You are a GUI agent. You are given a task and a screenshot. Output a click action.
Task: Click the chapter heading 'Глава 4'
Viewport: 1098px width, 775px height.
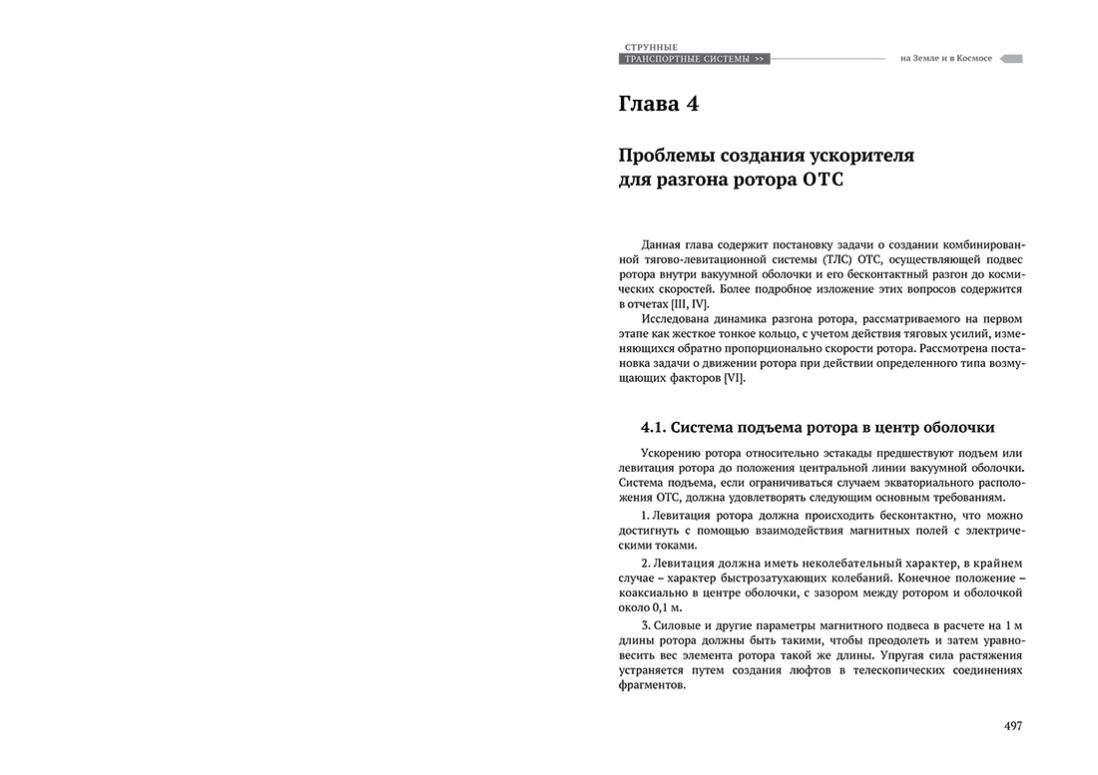click(659, 104)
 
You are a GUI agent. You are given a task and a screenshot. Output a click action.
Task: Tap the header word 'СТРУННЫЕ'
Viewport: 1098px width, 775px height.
click(651, 47)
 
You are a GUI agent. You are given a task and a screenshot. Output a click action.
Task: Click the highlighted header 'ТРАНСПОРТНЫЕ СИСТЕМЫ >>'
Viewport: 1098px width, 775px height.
click(694, 60)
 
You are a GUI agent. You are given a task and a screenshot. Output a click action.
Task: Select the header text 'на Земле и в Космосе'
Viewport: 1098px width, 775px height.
click(945, 59)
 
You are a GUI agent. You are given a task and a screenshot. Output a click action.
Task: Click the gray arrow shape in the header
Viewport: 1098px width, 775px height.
click(1011, 59)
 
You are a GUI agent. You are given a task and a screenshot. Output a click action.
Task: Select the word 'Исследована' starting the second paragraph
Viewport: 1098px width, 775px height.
click(681, 318)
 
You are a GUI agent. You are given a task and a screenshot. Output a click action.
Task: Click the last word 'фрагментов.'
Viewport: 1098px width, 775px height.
click(652, 685)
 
